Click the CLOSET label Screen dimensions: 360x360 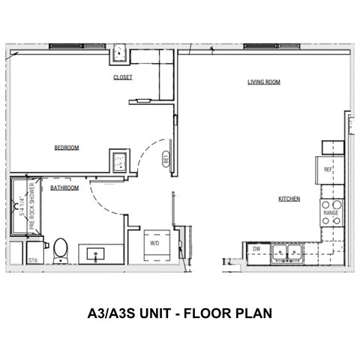click(x=122, y=77)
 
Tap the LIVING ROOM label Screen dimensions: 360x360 click(x=264, y=82)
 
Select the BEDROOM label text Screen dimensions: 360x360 click(x=67, y=148)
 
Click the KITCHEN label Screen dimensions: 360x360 click(x=289, y=199)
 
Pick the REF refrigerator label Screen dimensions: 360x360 click(x=328, y=170)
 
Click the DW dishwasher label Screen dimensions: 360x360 click(x=256, y=247)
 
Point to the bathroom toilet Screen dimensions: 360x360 click(x=61, y=248)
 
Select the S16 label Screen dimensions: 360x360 click(x=34, y=260)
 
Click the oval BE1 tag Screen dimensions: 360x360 click(x=166, y=158)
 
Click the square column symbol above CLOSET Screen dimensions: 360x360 click(x=118, y=55)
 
